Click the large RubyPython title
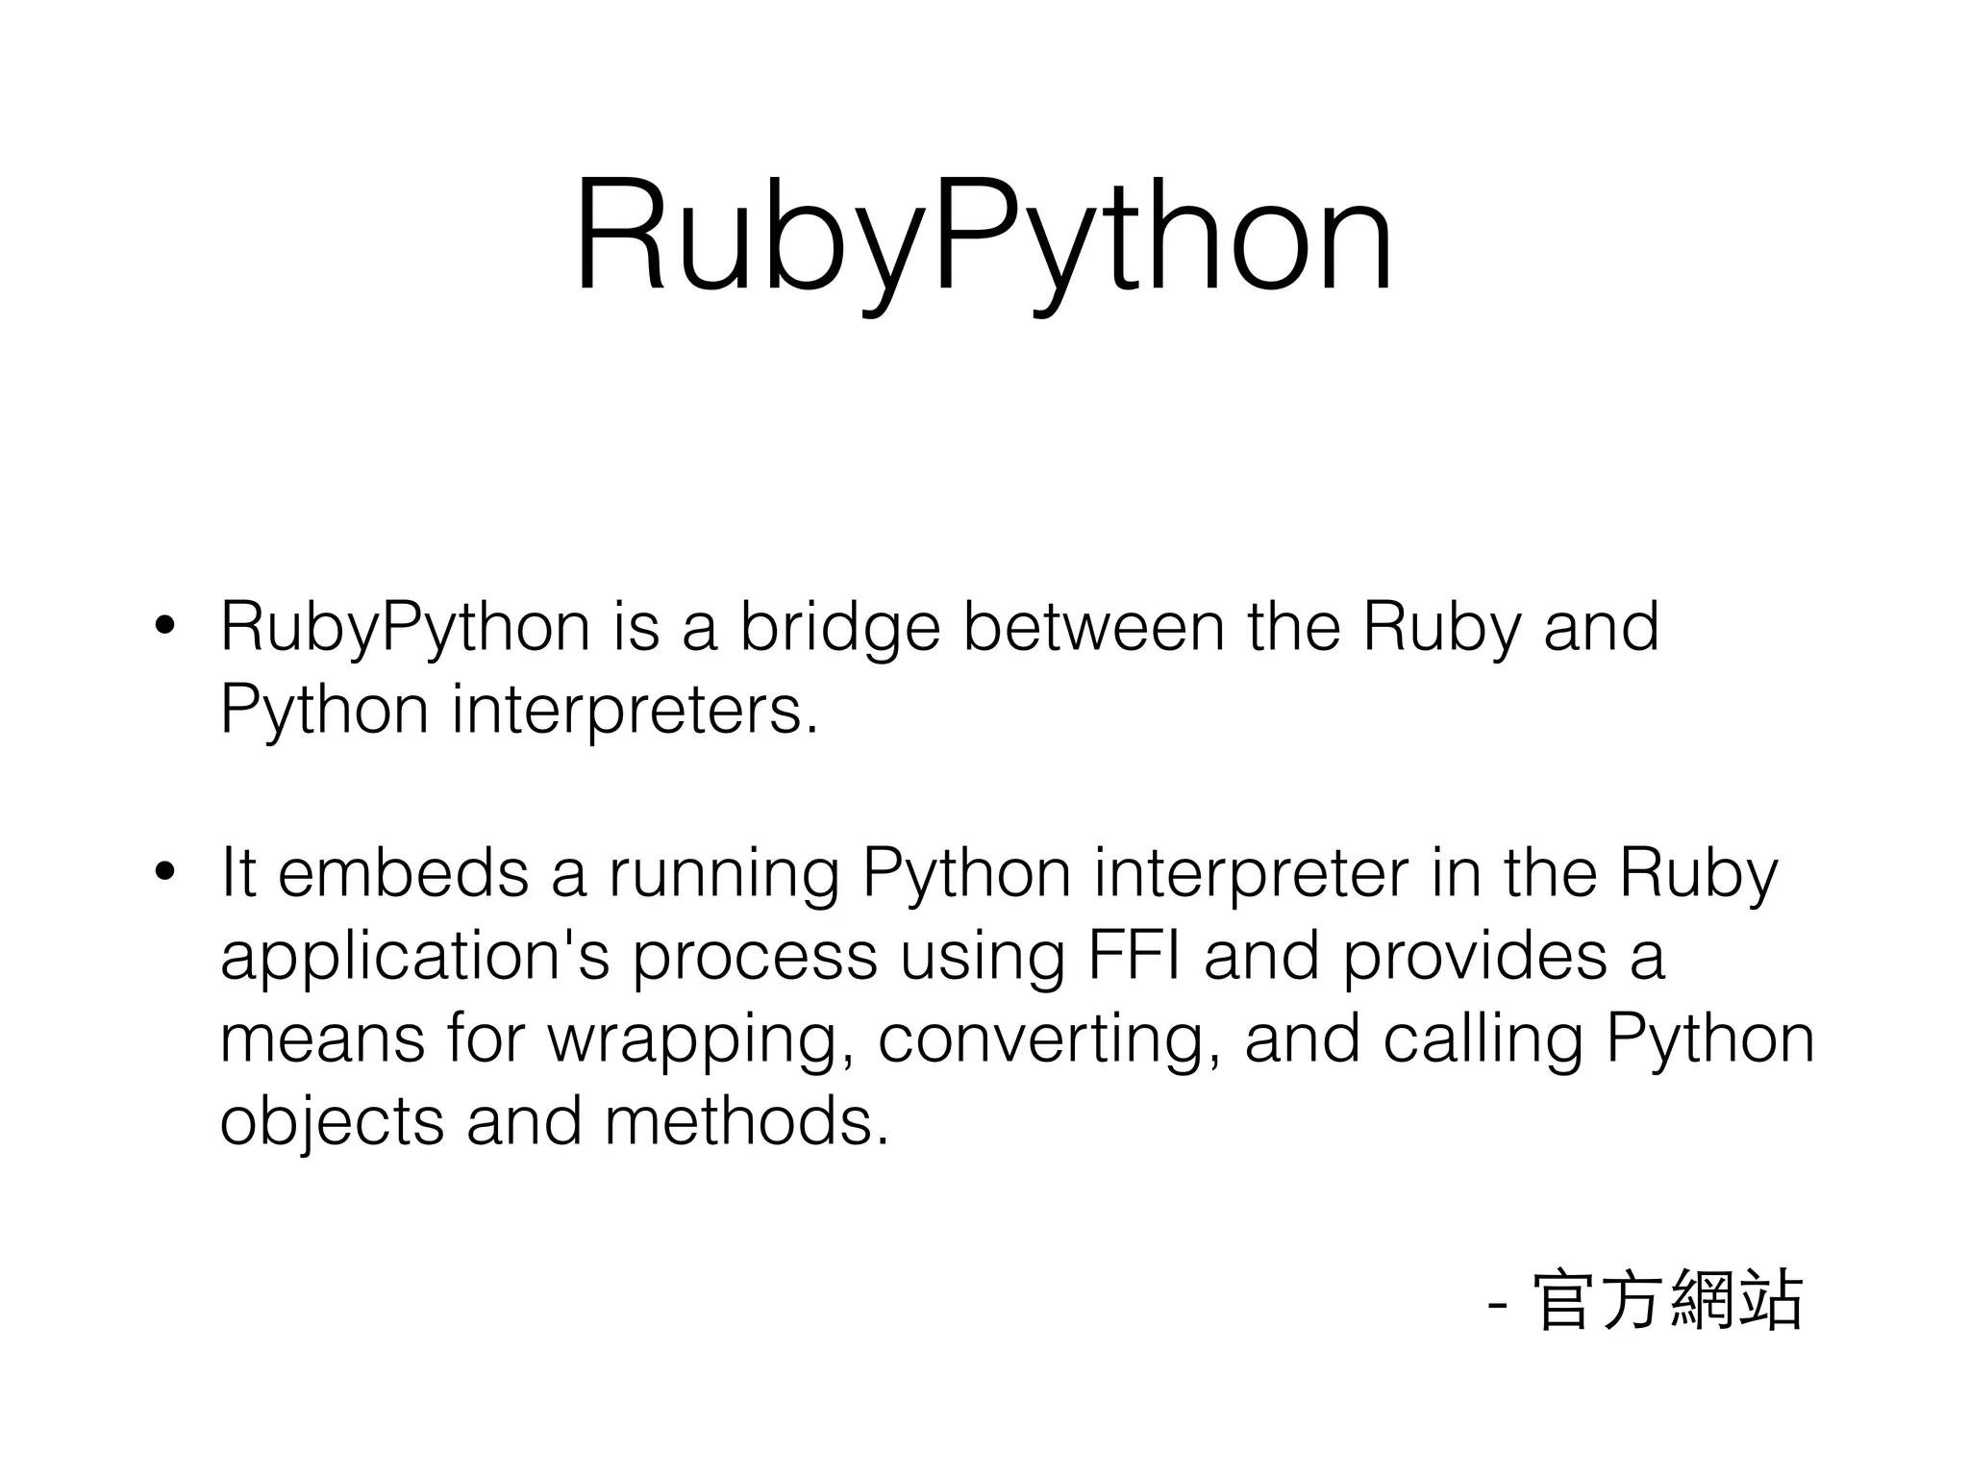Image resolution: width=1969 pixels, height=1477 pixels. (983, 236)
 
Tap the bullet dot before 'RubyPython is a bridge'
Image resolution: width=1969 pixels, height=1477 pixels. (164, 626)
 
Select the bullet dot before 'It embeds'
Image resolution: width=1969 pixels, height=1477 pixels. (164, 872)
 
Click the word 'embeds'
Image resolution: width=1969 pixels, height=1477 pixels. (403, 872)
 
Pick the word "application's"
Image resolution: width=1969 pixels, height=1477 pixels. (414, 958)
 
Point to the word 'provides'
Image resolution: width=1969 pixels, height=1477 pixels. (1474, 958)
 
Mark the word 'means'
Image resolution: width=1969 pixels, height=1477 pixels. (322, 1039)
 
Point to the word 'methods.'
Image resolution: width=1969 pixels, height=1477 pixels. (746, 1121)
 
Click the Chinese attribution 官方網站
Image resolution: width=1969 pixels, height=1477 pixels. (1668, 1301)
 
